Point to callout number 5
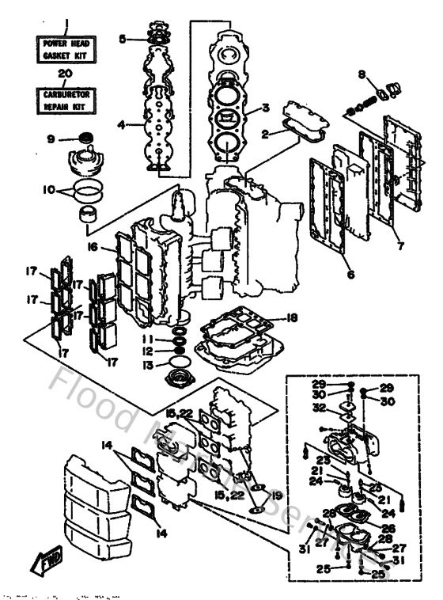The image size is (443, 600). tap(122, 38)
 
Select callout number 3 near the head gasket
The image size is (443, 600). tap(267, 108)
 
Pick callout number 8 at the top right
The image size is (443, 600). tap(361, 75)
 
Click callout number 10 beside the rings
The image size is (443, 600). tap(48, 191)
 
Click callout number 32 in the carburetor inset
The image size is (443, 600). tap(318, 408)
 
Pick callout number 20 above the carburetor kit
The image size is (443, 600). tap(67, 73)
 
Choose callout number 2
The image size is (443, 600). tap(267, 135)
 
